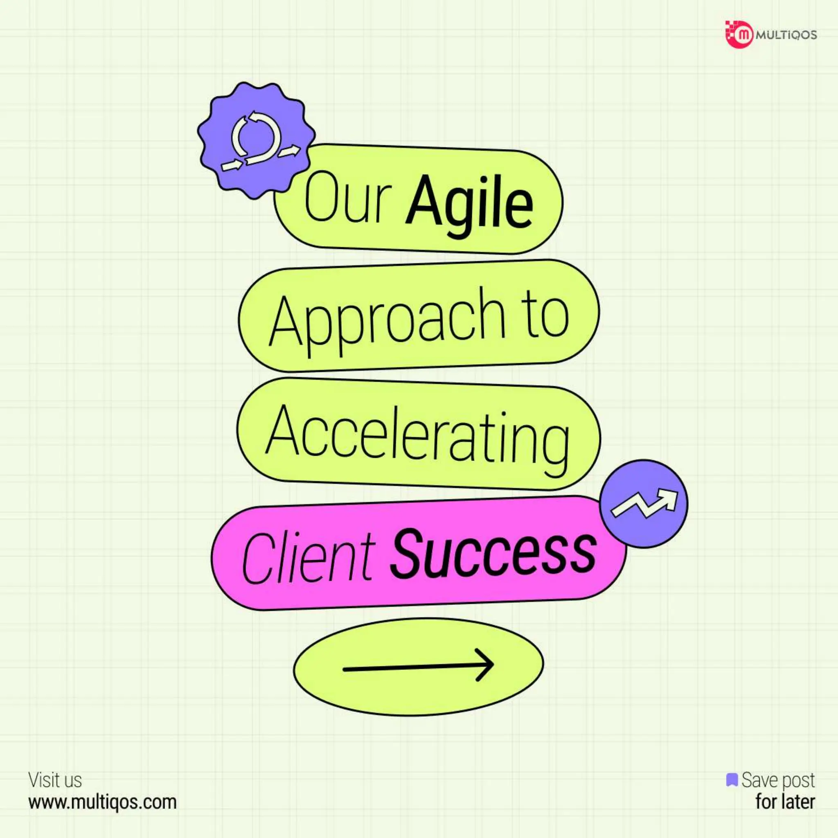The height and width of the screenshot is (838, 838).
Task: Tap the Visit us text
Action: [x=55, y=780]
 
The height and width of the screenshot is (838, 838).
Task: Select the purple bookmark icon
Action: [x=732, y=779]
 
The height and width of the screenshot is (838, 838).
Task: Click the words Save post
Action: [x=778, y=780]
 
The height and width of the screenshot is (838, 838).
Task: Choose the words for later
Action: [x=785, y=802]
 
